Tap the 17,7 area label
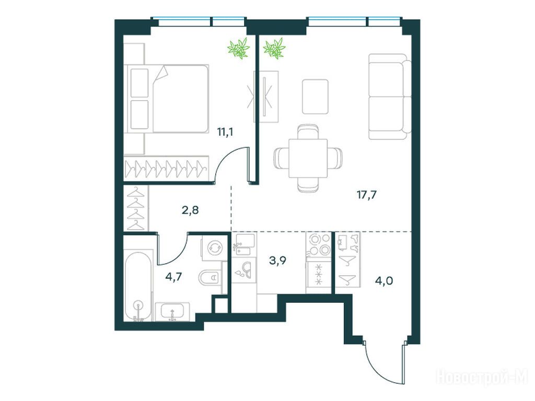[366, 195]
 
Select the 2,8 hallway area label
[190, 210]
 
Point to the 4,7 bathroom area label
[173, 277]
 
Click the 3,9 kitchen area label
[278, 261]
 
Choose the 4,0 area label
[384, 281]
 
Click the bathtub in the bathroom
[138, 287]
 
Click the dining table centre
[308, 158]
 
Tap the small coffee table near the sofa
[315, 97]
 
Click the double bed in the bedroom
[167, 98]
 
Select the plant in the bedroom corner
[239, 48]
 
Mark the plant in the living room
[274, 48]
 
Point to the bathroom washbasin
[172, 311]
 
